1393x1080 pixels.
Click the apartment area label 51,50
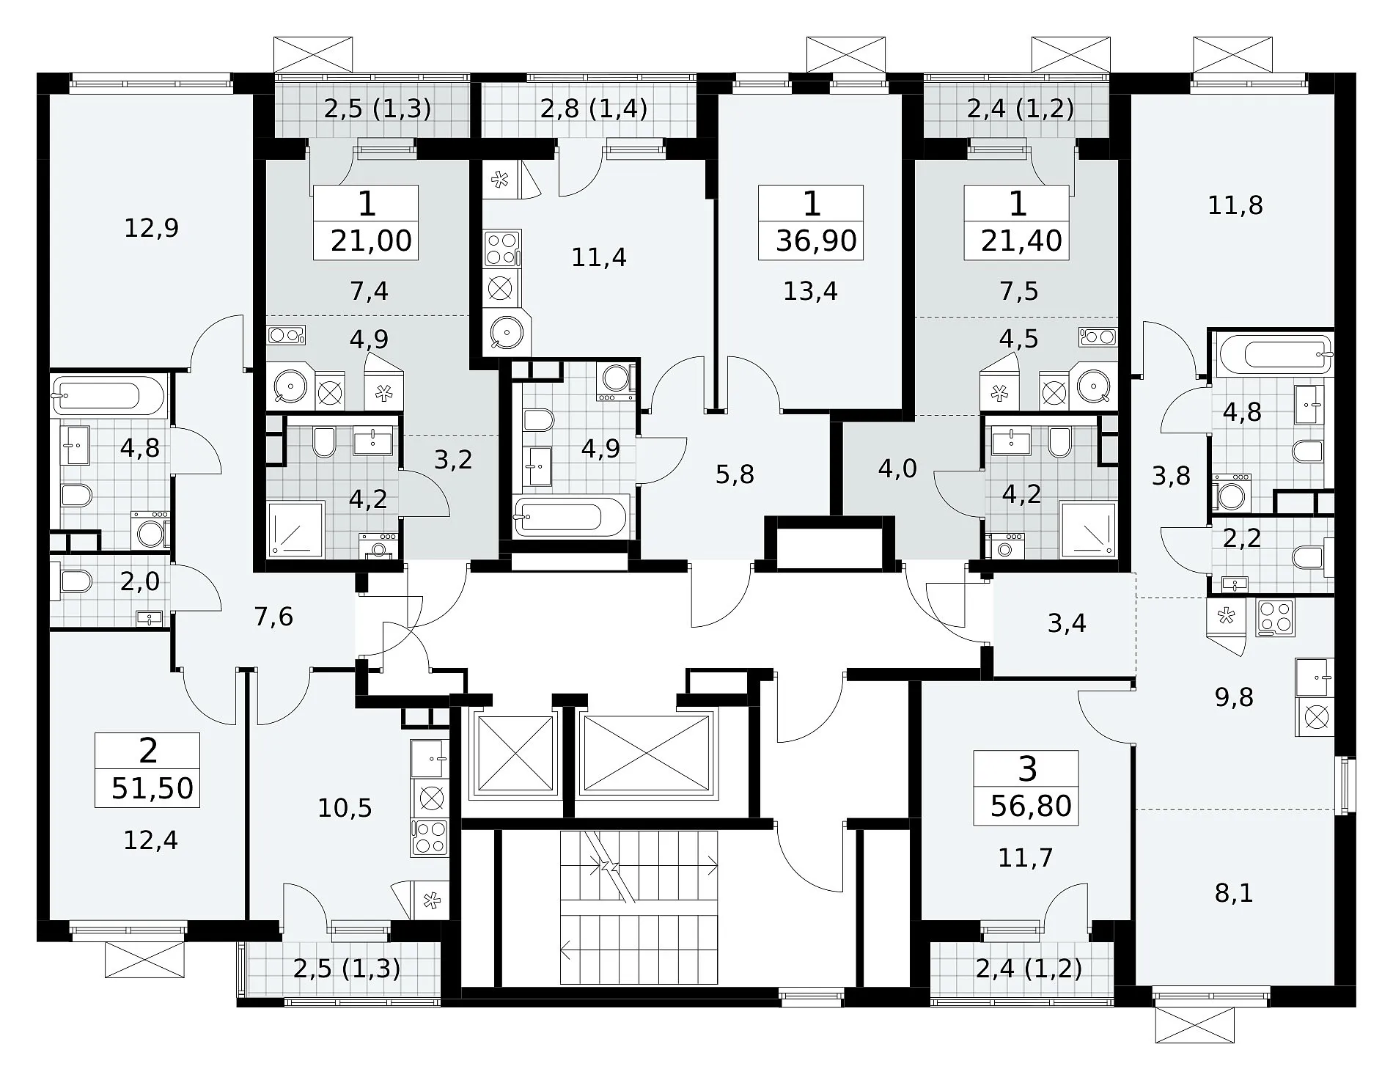(x=152, y=788)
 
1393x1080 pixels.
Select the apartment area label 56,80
(x=1031, y=806)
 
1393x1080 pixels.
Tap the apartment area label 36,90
(x=816, y=240)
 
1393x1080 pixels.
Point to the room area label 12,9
(x=151, y=229)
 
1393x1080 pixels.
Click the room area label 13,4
(x=810, y=291)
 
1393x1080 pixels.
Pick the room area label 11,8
(x=1235, y=205)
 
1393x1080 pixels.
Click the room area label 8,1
(x=1234, y=893)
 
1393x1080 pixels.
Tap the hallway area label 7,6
(x=273, y=617)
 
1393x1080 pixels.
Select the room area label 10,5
(x=345, y=808)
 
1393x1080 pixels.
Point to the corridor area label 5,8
(x=735, y=474)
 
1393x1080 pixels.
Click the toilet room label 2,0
(x=139, y=581)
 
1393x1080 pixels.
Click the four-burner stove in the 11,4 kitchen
(x=502, y=248)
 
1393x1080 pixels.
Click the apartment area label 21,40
(x=1021, y=240)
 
